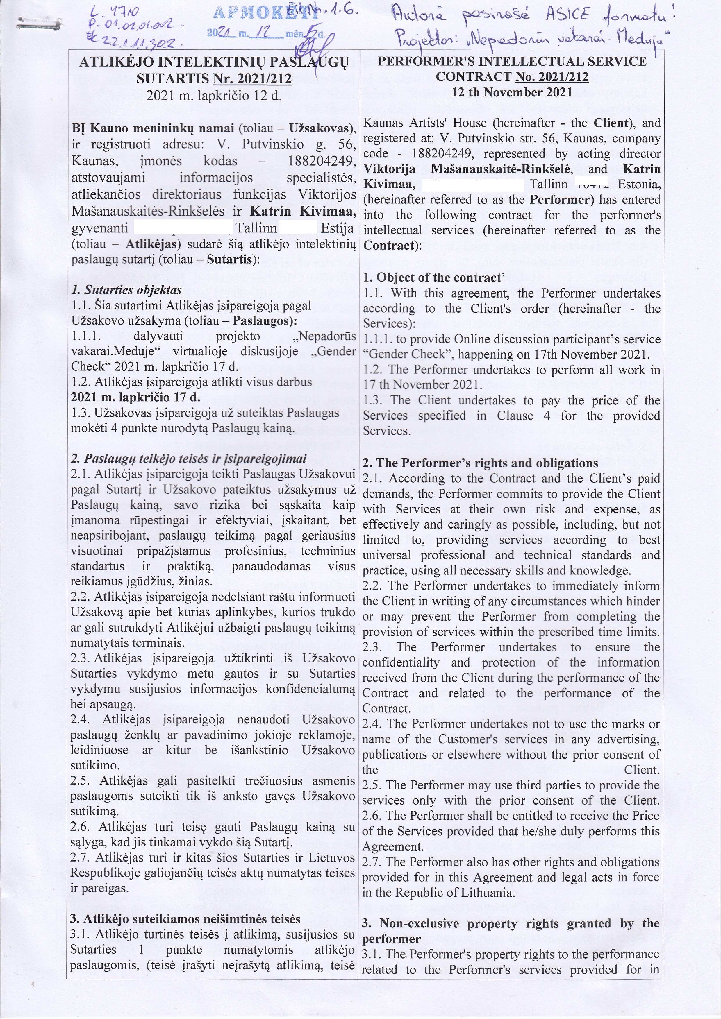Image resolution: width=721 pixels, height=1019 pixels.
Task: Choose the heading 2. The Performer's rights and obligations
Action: pos(480,463)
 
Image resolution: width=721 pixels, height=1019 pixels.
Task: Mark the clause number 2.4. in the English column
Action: pos(372,724)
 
